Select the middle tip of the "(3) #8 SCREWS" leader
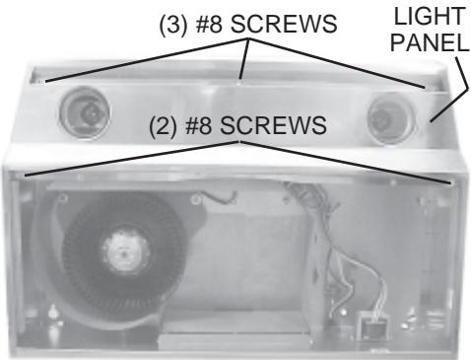pos(239,75)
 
